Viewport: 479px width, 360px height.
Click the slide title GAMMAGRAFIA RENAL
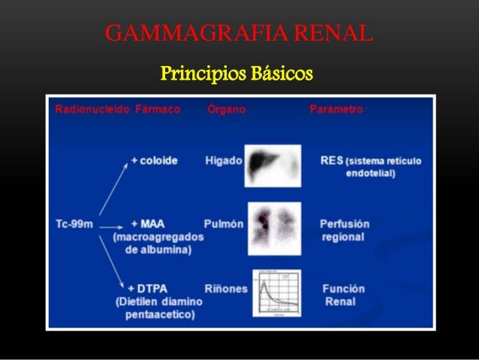(239, 34)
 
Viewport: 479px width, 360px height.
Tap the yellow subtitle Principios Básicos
(236, 74)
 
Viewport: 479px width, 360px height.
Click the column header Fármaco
(158, 110)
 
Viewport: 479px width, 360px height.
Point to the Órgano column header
(225, 110)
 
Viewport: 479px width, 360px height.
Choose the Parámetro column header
(336, 110)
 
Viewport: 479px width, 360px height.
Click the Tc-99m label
(75, 224)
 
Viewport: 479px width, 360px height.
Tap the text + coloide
(154, 161)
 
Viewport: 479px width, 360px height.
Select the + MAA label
(148, 224)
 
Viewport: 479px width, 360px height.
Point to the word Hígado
(223, 161)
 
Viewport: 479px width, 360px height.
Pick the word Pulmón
(223, 224)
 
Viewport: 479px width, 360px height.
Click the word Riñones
(225, 289)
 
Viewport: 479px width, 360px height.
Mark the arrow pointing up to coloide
(113, 188)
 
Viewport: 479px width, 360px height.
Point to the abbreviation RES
(333, 160)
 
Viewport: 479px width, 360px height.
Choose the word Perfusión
(344, 224)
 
